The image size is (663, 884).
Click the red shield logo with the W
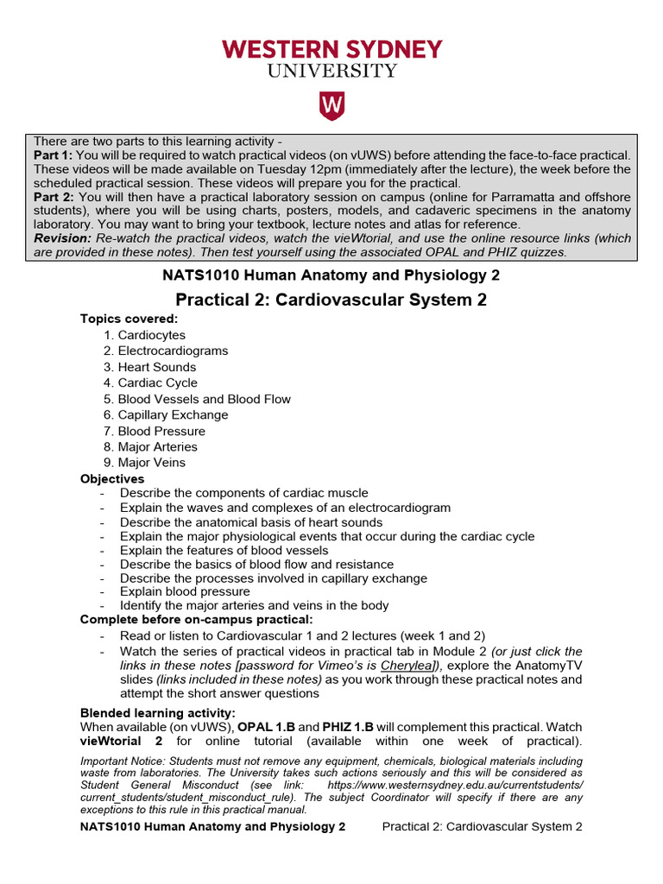(331, 105)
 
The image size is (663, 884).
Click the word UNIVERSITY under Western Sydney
(331, 71)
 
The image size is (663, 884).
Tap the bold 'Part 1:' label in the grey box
(54, 155)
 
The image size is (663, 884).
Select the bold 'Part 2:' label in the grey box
(54, 197)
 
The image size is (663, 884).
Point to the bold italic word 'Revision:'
(62, 237)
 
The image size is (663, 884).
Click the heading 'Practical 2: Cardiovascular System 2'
(331, 300)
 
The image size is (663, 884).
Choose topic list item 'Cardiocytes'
(151, 335)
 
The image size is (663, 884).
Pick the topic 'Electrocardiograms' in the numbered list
(173, 350)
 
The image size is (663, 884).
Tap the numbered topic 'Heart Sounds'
(156, 367)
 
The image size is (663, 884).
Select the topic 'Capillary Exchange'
(173, 414)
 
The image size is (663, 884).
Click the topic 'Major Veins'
(151, 463)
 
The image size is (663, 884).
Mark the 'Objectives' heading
(112, 478)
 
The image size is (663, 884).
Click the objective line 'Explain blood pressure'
(185, 591)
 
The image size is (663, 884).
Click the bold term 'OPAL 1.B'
(265, 727)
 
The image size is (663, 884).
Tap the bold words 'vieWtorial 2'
(122, 741)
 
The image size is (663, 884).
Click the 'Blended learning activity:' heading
(157, 713)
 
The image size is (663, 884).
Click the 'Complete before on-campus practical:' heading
(196, 619)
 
